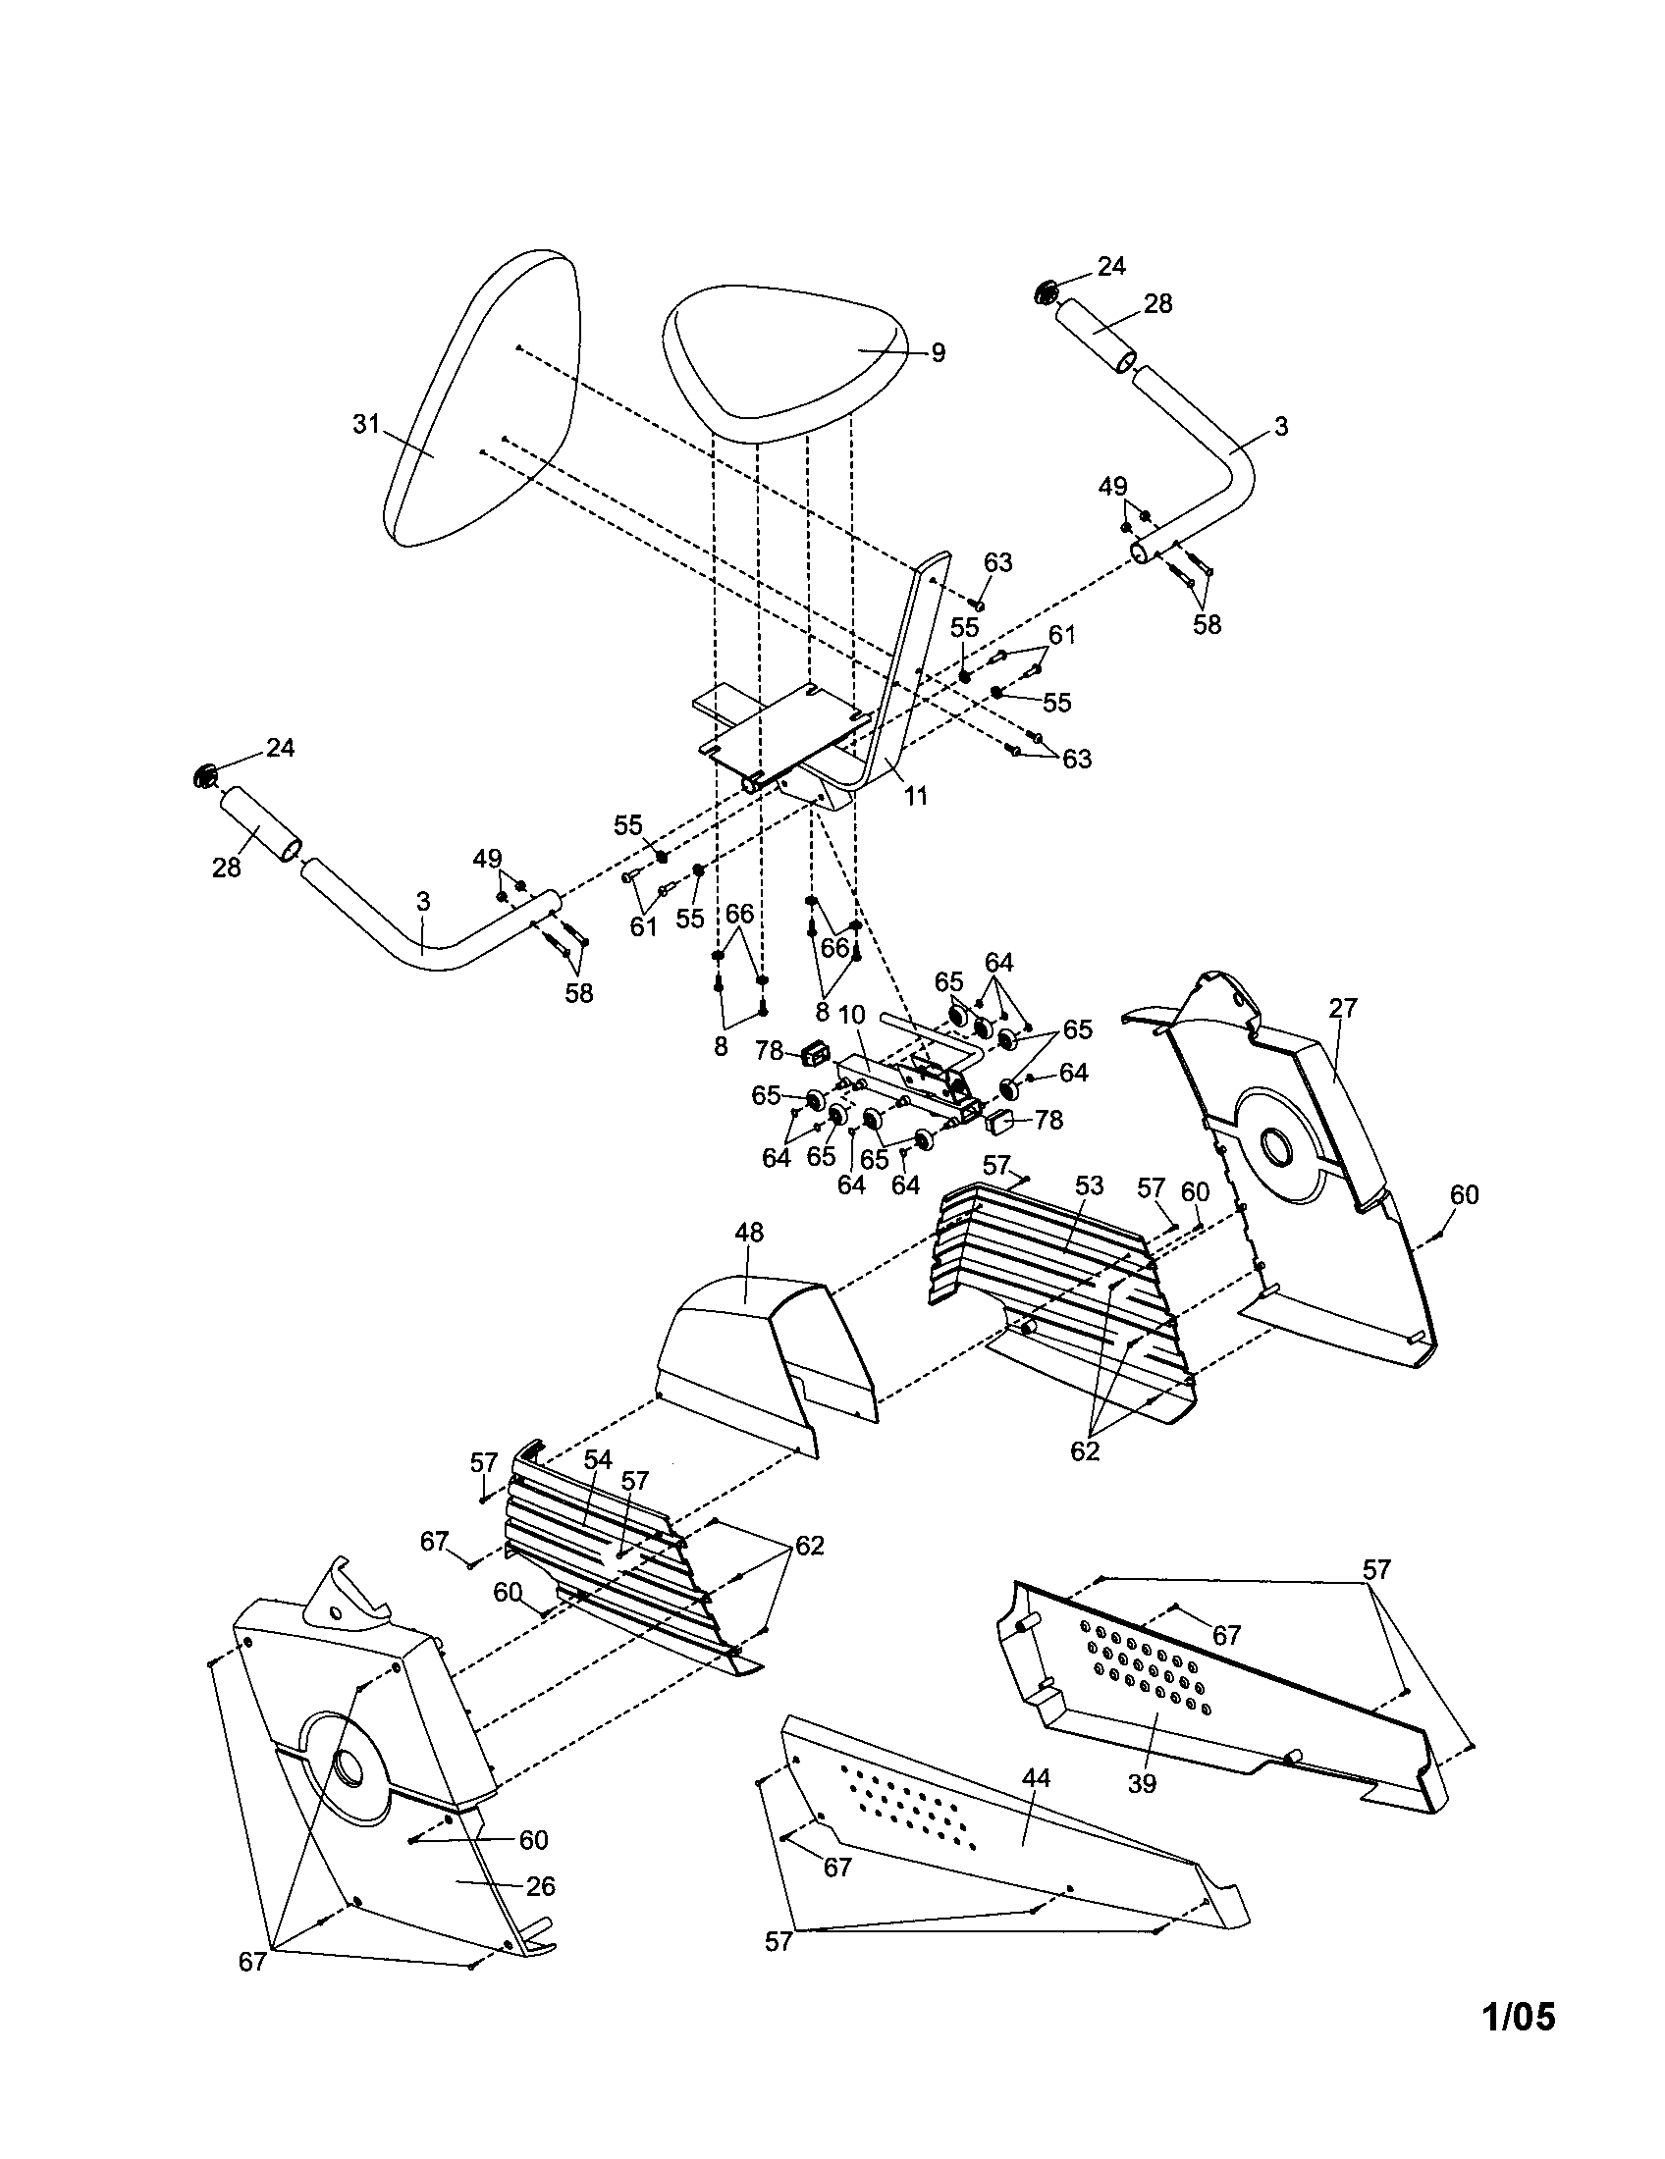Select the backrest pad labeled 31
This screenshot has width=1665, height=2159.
484,405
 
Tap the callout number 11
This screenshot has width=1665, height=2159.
917,795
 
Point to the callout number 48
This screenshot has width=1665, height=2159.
749,1232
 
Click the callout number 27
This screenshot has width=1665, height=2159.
1343,1007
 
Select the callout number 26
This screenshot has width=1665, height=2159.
540,1886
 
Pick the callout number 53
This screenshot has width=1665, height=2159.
1089,1185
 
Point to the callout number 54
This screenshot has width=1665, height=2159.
598,1459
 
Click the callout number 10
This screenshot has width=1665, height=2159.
852,1016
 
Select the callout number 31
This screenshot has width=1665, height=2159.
367,424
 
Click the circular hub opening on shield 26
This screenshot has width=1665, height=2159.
349,1765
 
